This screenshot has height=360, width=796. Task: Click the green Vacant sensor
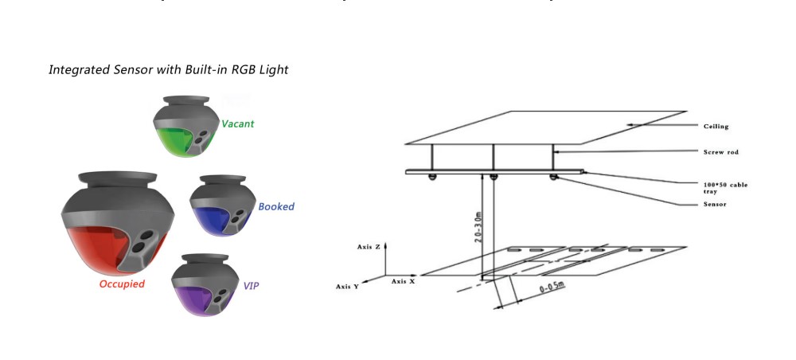[x=184, y=127]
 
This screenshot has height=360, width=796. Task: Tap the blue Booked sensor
[x=220, y=207]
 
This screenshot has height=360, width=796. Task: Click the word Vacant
[x=238, y=124]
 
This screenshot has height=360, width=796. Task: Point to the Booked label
[x=276, y=207]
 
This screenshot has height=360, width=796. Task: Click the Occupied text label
[x=122, y=284]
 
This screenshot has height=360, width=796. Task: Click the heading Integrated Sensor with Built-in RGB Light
[x=168, y=70]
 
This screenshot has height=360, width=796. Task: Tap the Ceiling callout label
[x=716, y=127]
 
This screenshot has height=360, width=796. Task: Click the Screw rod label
[x=720, y=151]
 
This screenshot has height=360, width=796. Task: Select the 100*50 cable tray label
[x=725, y=188]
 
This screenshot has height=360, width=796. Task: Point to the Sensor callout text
[x=715, y=205]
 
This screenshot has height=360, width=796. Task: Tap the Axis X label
[x=402, y=281]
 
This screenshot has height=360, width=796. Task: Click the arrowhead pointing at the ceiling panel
[x=630, y=125]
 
